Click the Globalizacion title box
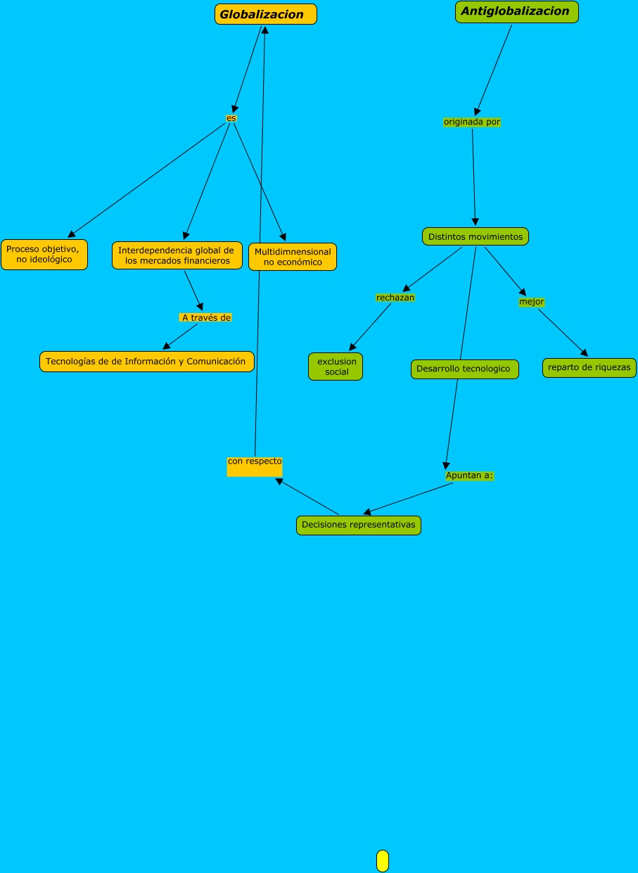[x=265, y=14]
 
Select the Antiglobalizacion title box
[x=516, y=12]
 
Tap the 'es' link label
[x=231, y=118]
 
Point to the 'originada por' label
[x=471, y=122]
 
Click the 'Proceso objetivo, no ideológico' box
[x=44, y=254]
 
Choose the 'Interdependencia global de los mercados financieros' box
[x=177, y=255]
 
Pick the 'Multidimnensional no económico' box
[x=293, y=257]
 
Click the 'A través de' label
[x=205, y=317]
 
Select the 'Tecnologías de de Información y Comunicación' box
[x=146, y=362]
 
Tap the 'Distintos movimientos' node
[x=475, y=236]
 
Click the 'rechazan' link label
[x=395, y=298]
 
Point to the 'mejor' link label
[x=531, y=302]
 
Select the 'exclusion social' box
[x=336, y=367]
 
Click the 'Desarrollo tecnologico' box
[x=464, y=369]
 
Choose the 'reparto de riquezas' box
[x=589, y=367]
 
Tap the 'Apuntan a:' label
[x=469, y=476]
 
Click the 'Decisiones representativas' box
[x=358, y=525]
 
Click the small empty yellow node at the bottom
[x=382, y=860]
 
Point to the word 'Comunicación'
[x=216, y=362]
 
